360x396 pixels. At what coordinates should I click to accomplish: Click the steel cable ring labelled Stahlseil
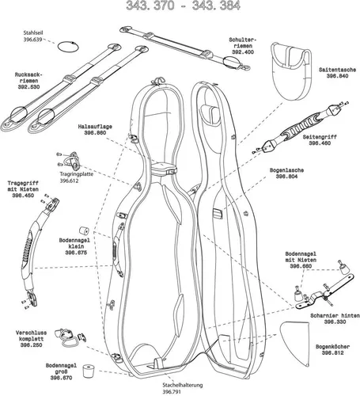pos(59,48)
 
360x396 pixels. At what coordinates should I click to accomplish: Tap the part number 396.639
pos(33,40)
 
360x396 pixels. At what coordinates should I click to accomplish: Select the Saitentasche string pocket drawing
pos(290,71)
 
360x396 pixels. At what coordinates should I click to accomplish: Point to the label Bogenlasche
pos(286,170)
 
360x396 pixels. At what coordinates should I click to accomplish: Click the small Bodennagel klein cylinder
pos(85,230)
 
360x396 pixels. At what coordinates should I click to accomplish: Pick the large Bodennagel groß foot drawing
pos(89,371)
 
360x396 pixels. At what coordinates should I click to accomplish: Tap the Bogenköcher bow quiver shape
pos(294,343)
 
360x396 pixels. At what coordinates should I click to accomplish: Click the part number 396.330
pos(335,322)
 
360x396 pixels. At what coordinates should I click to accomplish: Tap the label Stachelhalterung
pos(183,385)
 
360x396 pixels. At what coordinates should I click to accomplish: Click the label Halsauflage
pos(95,127)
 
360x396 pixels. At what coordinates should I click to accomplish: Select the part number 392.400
pos(243,52)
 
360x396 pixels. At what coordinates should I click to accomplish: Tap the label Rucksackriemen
pos(28,78)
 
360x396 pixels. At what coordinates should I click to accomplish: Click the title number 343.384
pos(216,6)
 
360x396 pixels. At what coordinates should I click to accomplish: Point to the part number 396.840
pos(338,76)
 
